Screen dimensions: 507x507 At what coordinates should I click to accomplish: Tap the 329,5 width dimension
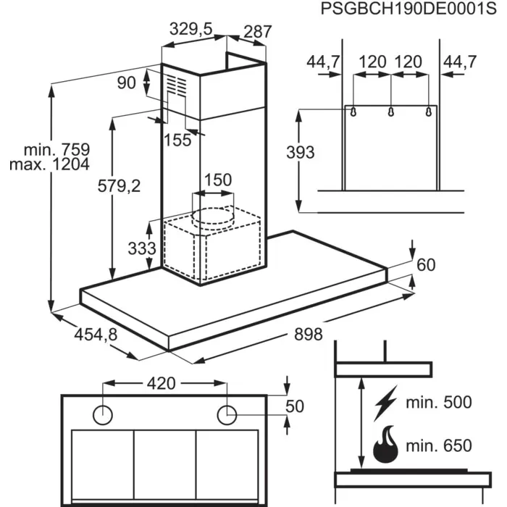point(190,30)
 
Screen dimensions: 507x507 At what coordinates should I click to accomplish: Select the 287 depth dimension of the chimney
point(256,32)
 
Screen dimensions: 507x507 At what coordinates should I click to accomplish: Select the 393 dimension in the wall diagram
point(301,153)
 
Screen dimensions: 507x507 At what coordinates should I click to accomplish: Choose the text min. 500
point(437,403)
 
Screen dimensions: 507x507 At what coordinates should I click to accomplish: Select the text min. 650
point(437,445)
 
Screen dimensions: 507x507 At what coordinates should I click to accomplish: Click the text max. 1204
point(49,164)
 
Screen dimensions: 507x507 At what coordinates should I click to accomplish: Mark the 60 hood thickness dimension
point(427,265)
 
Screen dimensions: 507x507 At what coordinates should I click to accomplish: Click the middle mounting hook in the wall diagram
point(391,112)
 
